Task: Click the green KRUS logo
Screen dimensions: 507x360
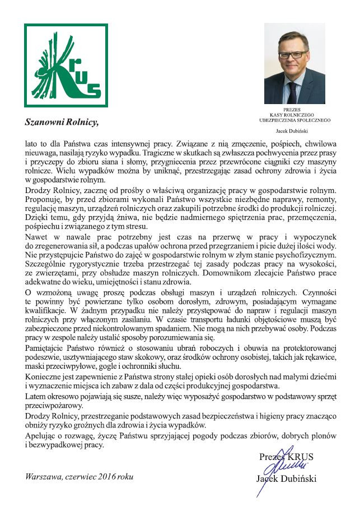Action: point(66,65)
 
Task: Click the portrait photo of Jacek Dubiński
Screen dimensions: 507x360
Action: point(294,63)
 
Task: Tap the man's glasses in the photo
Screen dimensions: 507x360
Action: point(293,54)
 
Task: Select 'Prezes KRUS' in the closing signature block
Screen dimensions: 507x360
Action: point(287,457)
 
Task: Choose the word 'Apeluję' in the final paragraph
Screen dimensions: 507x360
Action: point(40,436)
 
